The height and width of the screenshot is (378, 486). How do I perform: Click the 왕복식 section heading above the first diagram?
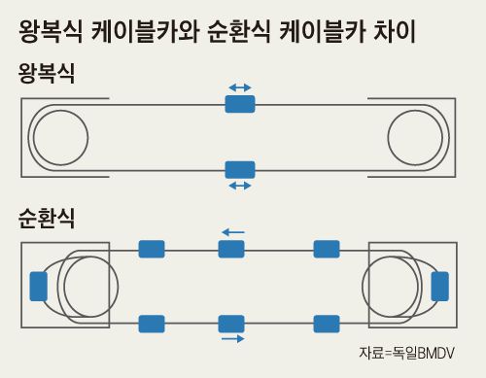tap(48, 74)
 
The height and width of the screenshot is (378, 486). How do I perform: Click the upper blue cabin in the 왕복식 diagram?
tap(239, 103)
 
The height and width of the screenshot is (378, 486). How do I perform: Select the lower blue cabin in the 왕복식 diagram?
tap(239, 169)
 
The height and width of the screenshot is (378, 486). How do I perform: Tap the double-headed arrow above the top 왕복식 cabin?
tap(239, 87)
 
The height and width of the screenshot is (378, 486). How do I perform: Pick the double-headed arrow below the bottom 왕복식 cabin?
tap(239, 185)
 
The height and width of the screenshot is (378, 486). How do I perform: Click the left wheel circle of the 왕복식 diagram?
tap(58, 136)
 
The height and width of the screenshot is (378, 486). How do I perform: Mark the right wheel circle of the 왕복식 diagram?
tap(418, 136)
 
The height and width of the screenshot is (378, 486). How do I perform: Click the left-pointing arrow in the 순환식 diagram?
tap(231, 232)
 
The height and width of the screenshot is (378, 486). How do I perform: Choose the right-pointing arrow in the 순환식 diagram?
tap(231, 339)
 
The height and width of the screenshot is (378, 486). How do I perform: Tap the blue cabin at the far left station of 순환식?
tap(39, 286)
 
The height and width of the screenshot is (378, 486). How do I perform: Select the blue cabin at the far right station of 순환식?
tap(439, 286)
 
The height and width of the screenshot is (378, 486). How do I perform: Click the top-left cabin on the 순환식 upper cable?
tap(152, 249)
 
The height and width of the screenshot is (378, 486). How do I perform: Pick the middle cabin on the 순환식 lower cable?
tap(231, 324)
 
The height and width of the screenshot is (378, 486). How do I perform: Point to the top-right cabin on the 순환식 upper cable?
tap(327, 249)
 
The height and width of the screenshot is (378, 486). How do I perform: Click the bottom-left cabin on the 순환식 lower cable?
tap(152, 324)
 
